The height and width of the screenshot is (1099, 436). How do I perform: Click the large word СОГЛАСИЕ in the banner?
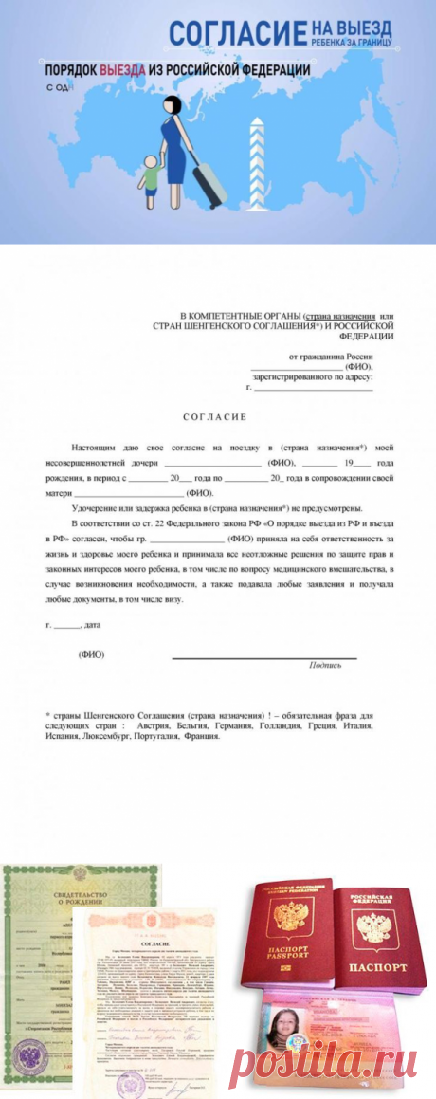pos(238,32)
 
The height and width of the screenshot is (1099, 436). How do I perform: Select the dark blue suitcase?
pos(206,179)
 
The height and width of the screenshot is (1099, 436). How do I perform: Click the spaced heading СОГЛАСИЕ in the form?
pos(214,416)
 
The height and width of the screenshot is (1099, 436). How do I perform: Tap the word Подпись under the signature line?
pos(325,665)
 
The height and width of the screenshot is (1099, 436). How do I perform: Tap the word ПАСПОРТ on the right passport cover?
pos(376,965)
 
